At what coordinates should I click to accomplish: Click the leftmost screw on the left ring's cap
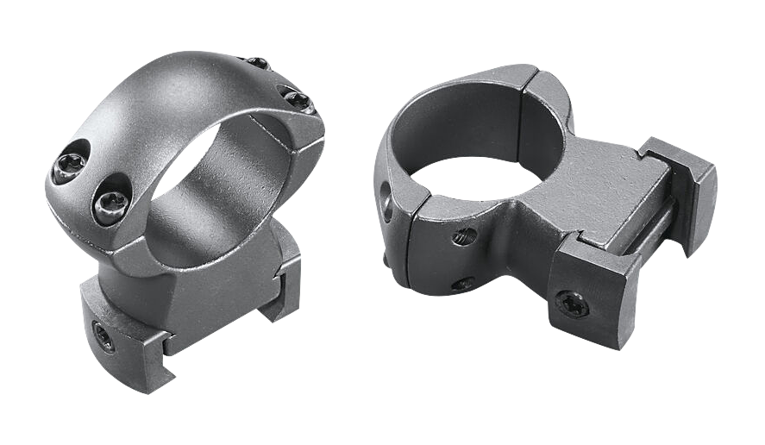[x=68, y=172]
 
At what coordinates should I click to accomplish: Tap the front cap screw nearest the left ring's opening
[x=110, y=204]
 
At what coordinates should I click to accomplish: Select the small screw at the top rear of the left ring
[x=257, y=63]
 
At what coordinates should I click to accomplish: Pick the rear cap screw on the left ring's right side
[x=295, y=100]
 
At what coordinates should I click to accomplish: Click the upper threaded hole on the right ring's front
[x=465, y=235]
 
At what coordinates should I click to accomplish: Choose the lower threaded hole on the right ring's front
[x=463, y=283]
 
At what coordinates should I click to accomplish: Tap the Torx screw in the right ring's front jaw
[x=571, y=302]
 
